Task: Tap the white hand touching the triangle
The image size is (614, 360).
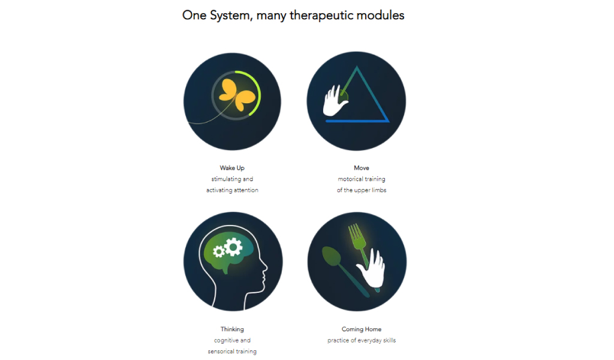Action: click(335, 101)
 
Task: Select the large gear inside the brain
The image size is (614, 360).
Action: click(234, 247)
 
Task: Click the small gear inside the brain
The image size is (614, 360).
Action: click(218, 251)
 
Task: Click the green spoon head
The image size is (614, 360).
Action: click(331, 256)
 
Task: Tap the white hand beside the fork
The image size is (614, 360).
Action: click(372, 269)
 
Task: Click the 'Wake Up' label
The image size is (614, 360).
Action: click(232, 168)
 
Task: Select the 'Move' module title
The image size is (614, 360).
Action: click(362, 168)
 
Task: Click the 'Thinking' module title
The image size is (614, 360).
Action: click(232, 329)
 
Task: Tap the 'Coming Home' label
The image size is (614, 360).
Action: click(362, 329)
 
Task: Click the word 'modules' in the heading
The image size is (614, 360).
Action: click(380, 15)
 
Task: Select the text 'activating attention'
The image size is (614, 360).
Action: click(232, 190)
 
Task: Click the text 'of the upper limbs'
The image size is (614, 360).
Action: click(362, 190)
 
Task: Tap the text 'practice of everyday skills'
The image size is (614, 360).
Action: click(362, 340)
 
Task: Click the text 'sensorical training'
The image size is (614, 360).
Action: click(232, 352)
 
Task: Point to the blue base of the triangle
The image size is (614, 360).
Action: click(357, 121)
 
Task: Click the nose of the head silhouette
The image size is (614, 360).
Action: click(266, 268)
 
